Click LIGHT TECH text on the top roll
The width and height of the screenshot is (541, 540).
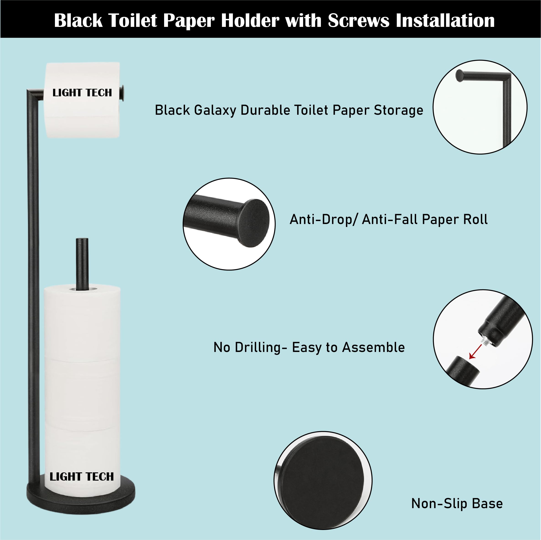[x=82, y=93]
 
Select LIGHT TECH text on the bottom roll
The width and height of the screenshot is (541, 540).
[x=82, y=476]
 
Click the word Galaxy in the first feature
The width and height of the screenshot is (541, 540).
[x=215, y=110]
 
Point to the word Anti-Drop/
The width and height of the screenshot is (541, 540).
[x=323, y=219]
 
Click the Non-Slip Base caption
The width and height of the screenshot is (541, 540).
[x=457, y=503]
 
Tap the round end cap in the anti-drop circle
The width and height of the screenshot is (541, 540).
[x=255, y=223]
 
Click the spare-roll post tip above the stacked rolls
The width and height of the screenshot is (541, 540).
[x=82, y=240]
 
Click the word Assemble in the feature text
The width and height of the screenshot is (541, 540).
[x=374, y=347]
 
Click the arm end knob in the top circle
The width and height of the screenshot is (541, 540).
[x=459, y=76]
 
